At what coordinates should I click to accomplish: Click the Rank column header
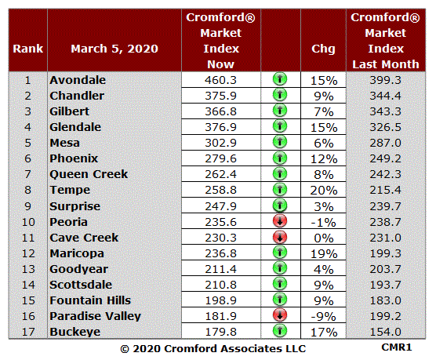(x=28, y=49)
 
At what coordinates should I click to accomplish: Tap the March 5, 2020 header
(x=114, y=49)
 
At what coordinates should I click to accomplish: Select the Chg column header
(x=323, y=49)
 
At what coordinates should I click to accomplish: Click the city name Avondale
(x=78, y=80)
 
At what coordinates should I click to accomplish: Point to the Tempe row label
(x=70, y=190)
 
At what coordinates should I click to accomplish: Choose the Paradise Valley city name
(x=96, y=316)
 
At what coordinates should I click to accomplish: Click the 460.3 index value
(x=221, y=80)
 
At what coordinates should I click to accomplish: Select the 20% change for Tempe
(x=324, y=191)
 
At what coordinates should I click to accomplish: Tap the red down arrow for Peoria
(x=280, y=221)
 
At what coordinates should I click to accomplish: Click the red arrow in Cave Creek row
(x=280, y=238)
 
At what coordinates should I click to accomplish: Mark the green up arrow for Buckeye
(x=280, y=331)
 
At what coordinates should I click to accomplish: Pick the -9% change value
(x=324, y=317)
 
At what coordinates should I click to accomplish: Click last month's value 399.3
(x=385, y=80)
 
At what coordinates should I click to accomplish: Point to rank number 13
(x=28, y=269)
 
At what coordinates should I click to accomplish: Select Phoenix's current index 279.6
(x=221, y=158)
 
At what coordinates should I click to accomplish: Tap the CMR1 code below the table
(x=397, y=347)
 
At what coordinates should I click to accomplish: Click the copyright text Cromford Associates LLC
(x=235, y=349)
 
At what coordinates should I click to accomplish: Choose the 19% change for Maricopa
(x=324, y=254)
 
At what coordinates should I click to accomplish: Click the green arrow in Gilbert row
(x=280, y=111)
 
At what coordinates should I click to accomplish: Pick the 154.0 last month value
(x=385, y=332)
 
